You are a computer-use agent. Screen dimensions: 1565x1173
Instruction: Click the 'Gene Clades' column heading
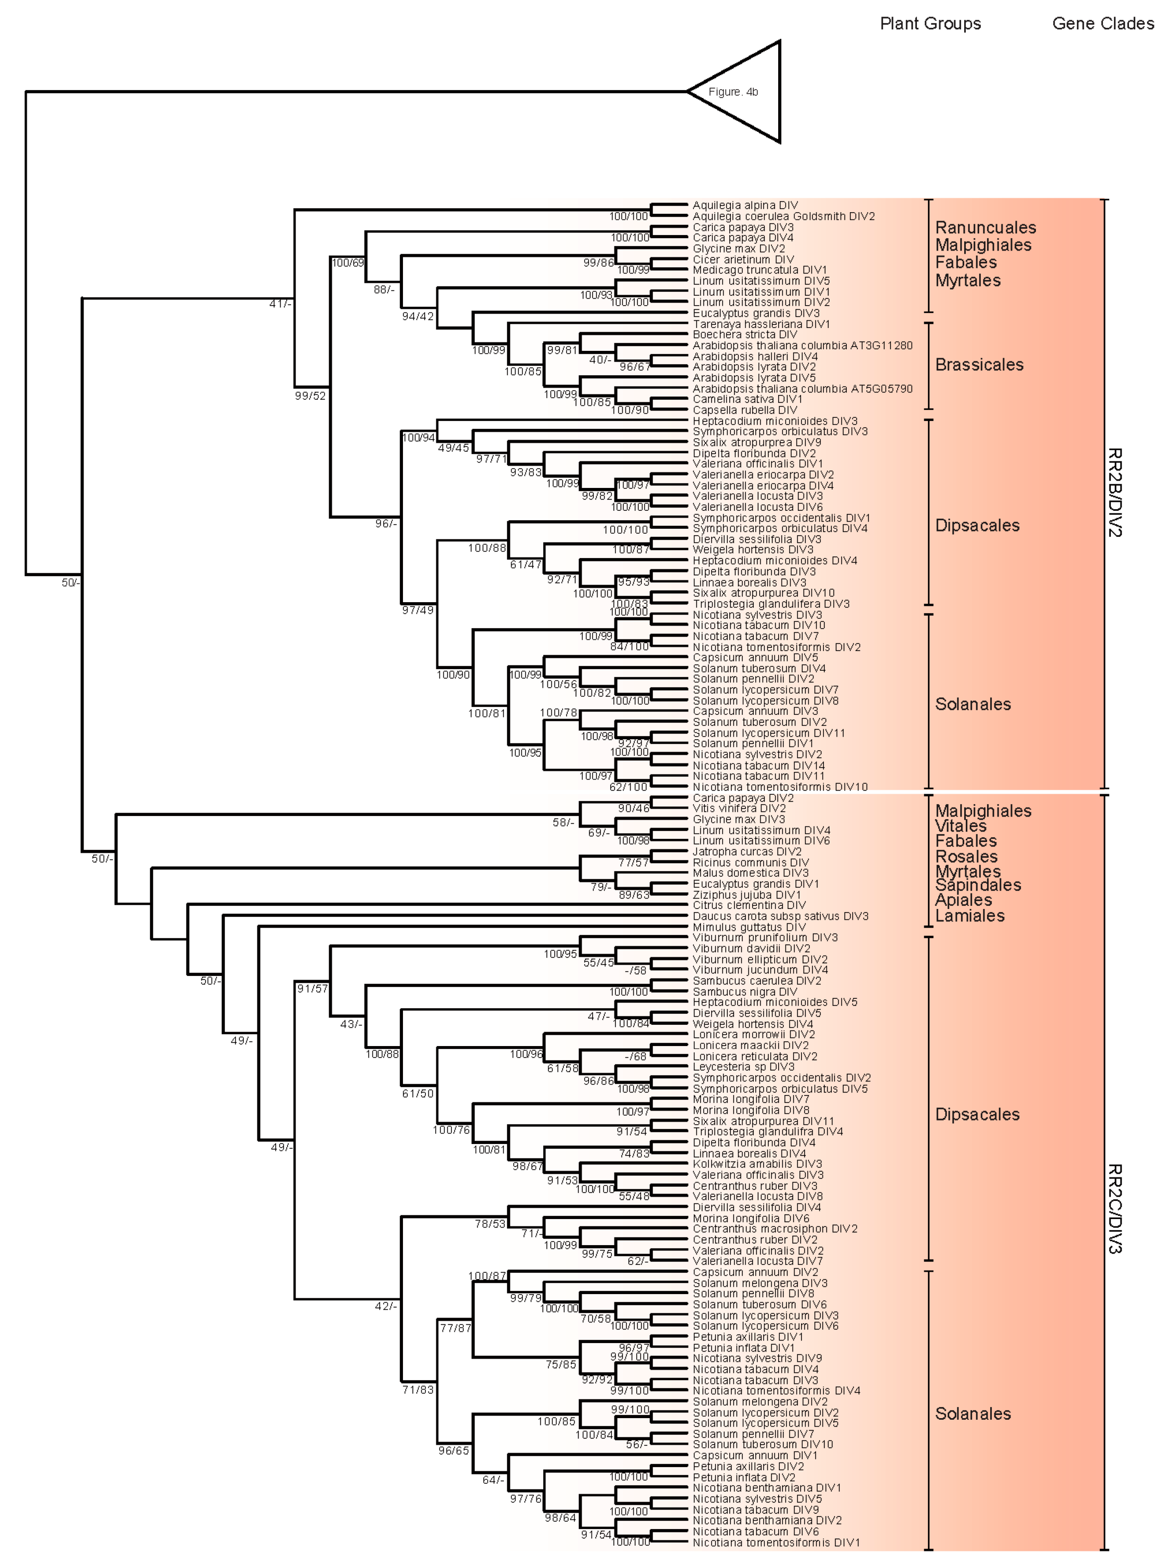tap(1102, 23)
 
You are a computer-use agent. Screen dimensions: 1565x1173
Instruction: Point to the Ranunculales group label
tap(985, 228)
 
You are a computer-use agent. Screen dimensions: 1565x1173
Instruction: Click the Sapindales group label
tap(978, 885)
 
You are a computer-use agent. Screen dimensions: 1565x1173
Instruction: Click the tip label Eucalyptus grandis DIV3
tap(756, 313)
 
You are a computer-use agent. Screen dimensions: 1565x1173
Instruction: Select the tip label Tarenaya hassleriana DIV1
tap(761, 324)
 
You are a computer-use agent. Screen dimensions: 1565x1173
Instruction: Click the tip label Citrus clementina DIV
tap(748, 906)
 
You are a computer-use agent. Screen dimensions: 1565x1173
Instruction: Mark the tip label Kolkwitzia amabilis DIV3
tap(757, 1164)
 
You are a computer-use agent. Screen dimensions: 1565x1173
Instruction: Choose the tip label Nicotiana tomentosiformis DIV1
tap(776, 1543)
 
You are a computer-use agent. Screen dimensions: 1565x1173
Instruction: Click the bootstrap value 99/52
tap(310, 396)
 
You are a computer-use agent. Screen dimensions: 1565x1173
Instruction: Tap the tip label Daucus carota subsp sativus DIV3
tap(780, 916)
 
